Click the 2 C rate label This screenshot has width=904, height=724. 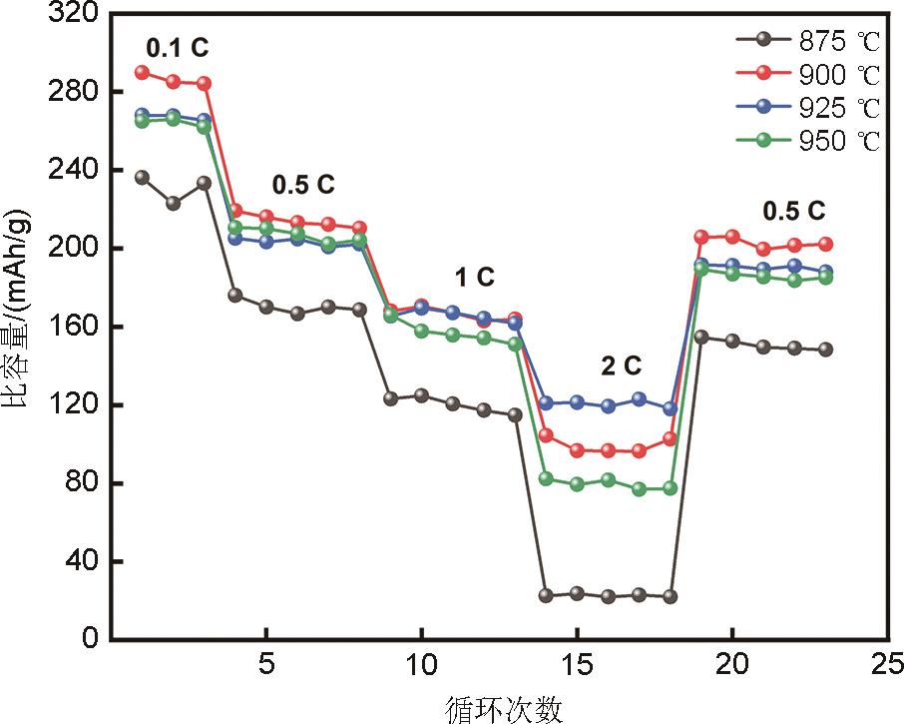tap(620, 365)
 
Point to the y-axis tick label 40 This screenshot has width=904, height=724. tap(79, 561)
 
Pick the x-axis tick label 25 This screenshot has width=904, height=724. tap(887, 664)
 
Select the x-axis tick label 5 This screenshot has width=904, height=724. tap(266, 664)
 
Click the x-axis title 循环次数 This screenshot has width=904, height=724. tap(503, 708)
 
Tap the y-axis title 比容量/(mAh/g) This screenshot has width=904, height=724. tap(17, 327)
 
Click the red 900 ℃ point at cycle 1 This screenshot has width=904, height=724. tap(142, 72)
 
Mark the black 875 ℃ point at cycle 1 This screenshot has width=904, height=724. tap(142, 177)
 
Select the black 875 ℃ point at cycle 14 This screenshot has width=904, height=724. tap(546, 595)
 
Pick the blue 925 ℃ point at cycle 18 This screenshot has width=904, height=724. tap(670, 408)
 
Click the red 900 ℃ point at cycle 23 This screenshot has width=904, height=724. tap(825, 244)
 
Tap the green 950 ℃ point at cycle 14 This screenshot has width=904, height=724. tap(546, 478)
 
